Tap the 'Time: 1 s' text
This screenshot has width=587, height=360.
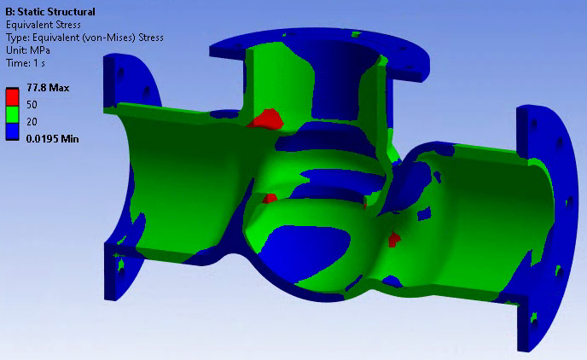pyautogui.click(x=28, y=63)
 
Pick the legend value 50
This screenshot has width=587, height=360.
pyautogui.click(x=32, y=104)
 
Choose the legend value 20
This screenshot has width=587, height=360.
pyautogui.click(x=32, y=121)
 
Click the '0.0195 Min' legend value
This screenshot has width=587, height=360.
pyautogui.click(x=52, y=138)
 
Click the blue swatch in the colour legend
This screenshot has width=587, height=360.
pyautogui.click(x=12, y=130)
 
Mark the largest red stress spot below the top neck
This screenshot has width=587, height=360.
pyautogui.click(x=267, y=119)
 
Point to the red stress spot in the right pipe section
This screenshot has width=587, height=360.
pyautogui.click(x=393, y=239)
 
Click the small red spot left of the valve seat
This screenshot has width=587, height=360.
pyautogui.click(x=270, y=199)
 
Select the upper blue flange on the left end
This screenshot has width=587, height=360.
pyautogui.click(x=137, y=81)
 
